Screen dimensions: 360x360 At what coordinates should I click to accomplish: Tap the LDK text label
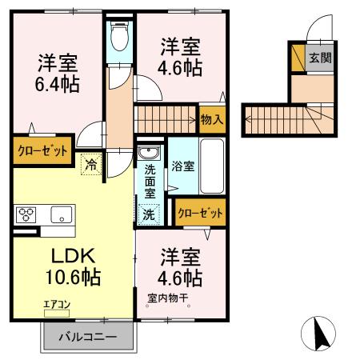(x=74, y=257)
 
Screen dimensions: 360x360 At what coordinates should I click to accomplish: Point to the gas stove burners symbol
(x=26, y=214)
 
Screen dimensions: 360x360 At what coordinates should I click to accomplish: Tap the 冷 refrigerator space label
(x=91, y=165)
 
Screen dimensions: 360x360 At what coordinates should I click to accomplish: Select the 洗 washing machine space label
(x=149, y=214)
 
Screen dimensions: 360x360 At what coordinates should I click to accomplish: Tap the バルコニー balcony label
(x=90, y=338)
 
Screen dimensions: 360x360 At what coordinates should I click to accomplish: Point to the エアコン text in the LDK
(x=57, y=304)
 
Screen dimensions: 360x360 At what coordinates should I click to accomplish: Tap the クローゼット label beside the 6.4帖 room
(x=42, y=150)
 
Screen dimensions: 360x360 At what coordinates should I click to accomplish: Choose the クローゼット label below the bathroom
(x=200, y=212)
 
